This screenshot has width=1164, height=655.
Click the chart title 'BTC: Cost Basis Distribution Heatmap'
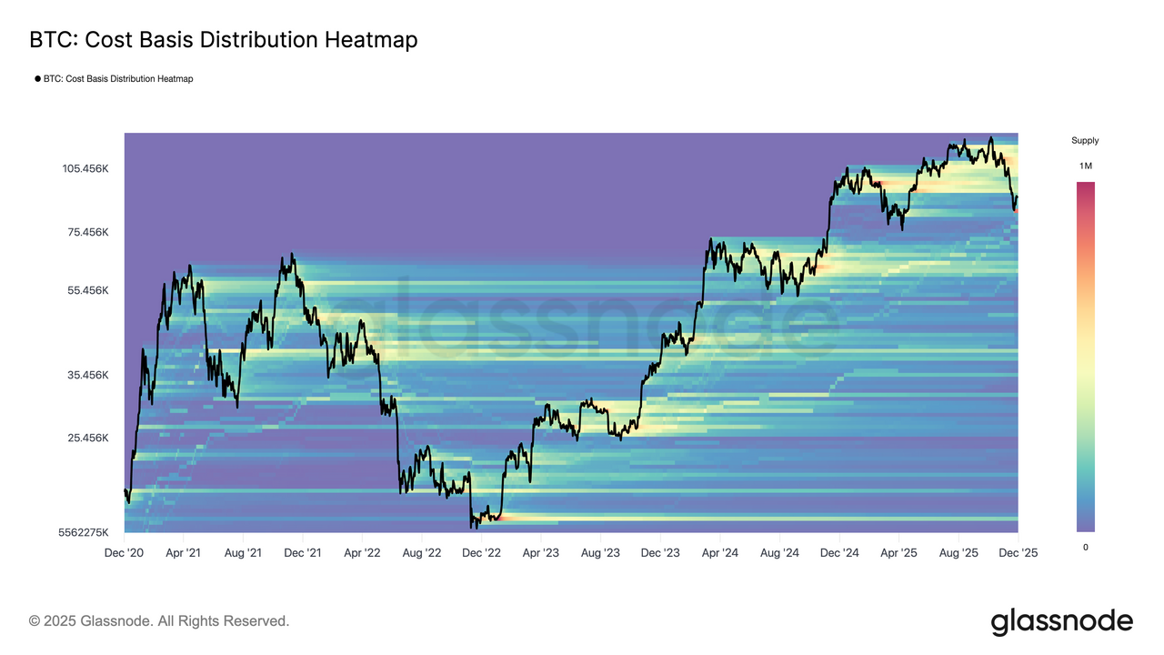(x=224, y=40)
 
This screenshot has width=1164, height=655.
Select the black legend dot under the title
(x=37, y=79)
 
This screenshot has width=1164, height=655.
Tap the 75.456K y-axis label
(x=87, y=232)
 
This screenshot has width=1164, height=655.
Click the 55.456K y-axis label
(x=87, y=290)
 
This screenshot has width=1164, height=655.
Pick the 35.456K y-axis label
(x=87, y=375)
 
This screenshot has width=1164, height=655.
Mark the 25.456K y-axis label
(x=87, y=438)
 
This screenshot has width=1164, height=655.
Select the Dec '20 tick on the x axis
(x=125, y=552)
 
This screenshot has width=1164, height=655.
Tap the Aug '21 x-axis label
(x=244, y=552)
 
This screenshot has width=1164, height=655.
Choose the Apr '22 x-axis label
(x=363, y=552)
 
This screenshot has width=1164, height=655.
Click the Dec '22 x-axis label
(x=482, y=552)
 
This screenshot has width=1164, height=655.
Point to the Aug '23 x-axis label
(x=601, y=552)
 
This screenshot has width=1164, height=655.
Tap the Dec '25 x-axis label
(x=1018, y=552)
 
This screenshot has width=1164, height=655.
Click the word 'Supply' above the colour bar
(x=1085, y=141)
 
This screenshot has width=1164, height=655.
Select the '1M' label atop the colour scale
(x=1086, y=166)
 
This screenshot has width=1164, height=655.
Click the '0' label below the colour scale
(x=1085, y=547)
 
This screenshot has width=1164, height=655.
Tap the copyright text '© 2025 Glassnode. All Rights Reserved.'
(x=159, y=621)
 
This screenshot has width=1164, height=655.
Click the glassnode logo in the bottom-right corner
(x=1061, y=622)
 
